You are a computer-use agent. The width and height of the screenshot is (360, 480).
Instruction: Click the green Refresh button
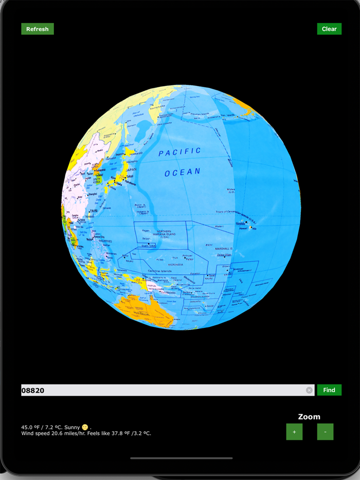(38, 29)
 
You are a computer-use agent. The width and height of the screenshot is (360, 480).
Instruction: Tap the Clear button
(329, 29)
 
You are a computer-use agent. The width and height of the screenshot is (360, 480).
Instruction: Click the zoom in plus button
(294, 432)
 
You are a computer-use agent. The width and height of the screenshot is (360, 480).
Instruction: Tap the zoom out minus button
(325, 432)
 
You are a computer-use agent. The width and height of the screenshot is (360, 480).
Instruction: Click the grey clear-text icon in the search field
(309, 390)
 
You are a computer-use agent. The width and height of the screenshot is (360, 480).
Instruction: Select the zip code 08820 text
(33, 391)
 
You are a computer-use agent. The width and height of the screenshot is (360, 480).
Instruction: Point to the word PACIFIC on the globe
(179, 152)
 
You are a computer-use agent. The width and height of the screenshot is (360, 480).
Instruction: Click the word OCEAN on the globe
(182, 172)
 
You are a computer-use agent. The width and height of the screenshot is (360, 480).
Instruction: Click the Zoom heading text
(309, 417)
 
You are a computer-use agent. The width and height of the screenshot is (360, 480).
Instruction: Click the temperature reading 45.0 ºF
(30, 427)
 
